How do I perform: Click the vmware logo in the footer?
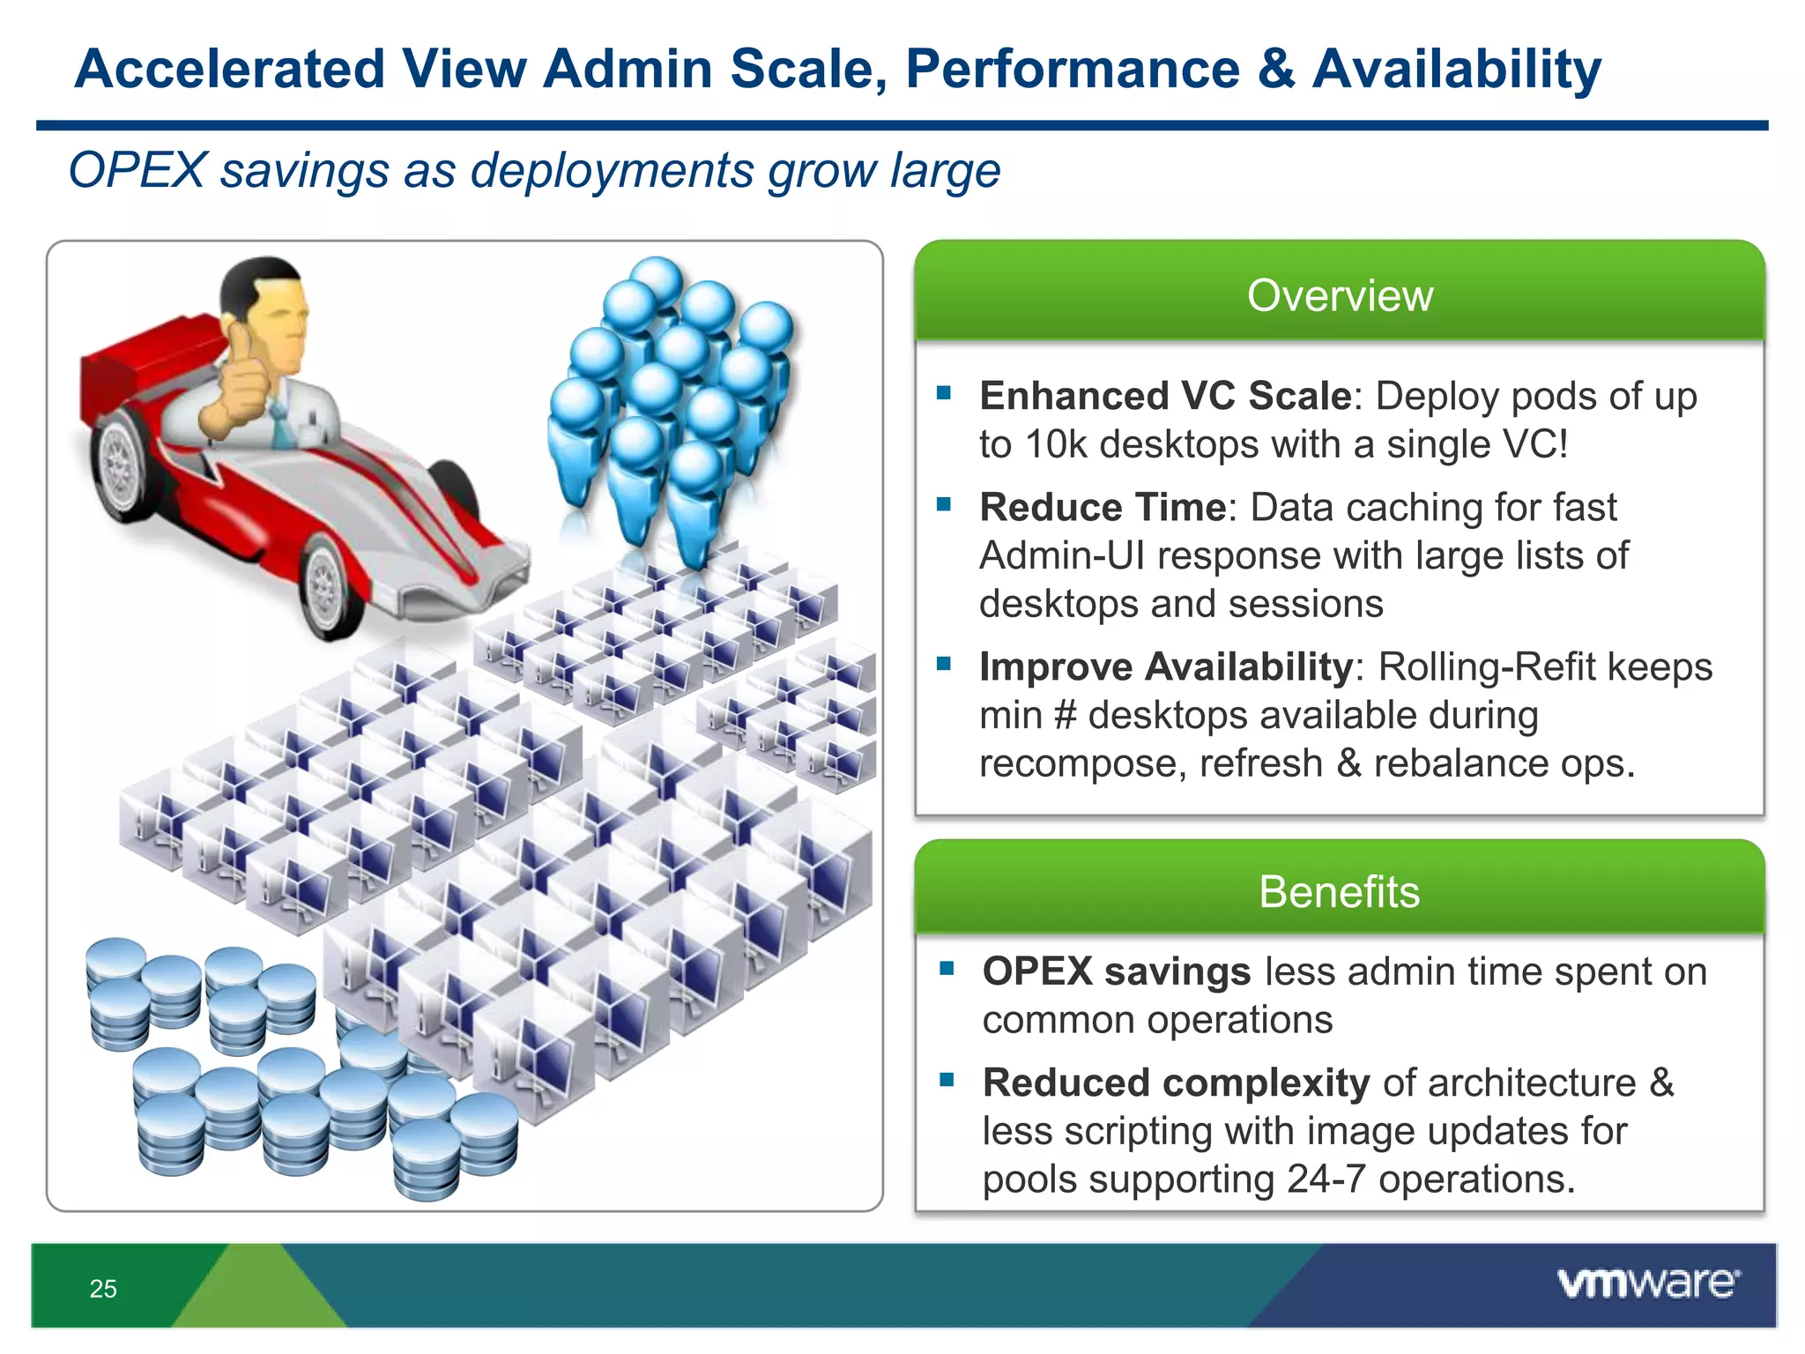1648,1283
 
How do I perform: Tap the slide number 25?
103,1289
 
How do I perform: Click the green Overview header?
1340,294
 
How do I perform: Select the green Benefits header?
1340,891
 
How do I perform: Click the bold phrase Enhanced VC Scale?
1165,396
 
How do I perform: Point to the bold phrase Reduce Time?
1103,507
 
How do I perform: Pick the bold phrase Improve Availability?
1165,666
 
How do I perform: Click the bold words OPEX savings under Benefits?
1116,971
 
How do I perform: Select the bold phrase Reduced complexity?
1176,1082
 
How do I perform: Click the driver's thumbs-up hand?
238,383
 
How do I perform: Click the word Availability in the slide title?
1456,69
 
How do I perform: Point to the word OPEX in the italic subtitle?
137,170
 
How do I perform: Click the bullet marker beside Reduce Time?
944,505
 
